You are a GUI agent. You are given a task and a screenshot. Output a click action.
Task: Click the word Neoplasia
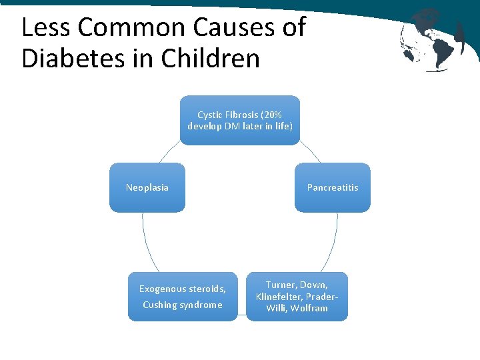click(147, 187)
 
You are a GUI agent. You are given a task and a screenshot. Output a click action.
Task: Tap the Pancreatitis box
click(332, 187)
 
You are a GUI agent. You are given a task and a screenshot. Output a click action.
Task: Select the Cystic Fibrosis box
click(240, 120)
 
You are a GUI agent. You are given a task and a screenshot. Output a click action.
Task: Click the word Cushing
click(159, 305)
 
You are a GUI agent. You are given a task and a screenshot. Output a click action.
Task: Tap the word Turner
click(281, 285)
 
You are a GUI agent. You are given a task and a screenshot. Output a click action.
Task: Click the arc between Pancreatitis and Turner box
click(334, 243)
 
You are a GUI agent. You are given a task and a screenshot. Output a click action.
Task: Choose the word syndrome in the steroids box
click(201, 305)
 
